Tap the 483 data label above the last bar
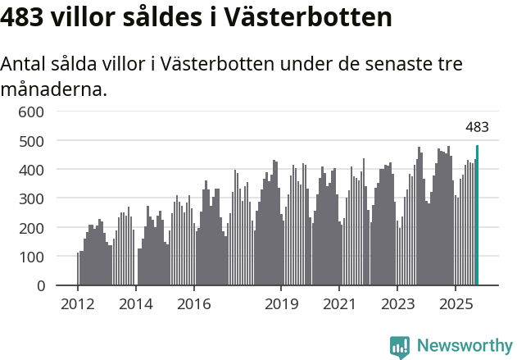pos(477,127)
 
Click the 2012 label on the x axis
pos(78,305)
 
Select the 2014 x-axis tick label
pos(136,305)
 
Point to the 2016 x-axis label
pos(193,305)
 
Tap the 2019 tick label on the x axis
pos(281,305)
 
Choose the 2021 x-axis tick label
pos(339,305)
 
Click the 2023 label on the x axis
pos(397,305)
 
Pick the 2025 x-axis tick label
pos(455,305)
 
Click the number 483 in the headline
pos(22,17)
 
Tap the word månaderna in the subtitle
pos(53,89)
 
